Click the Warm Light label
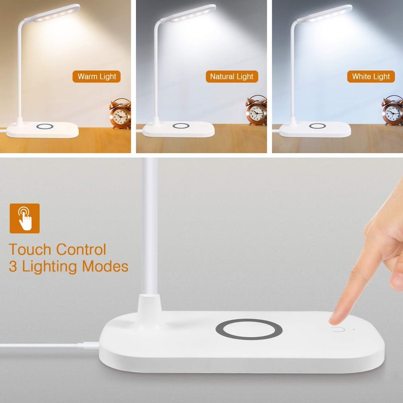(97, 77)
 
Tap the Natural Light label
(232, 77)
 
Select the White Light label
(371, 77)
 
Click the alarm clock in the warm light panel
(120, 114)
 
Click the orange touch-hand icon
(25, 218)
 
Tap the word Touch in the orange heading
(30, 249)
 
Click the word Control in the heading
(81, 249)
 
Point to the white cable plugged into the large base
(48, 345)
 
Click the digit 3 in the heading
(13, 267)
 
